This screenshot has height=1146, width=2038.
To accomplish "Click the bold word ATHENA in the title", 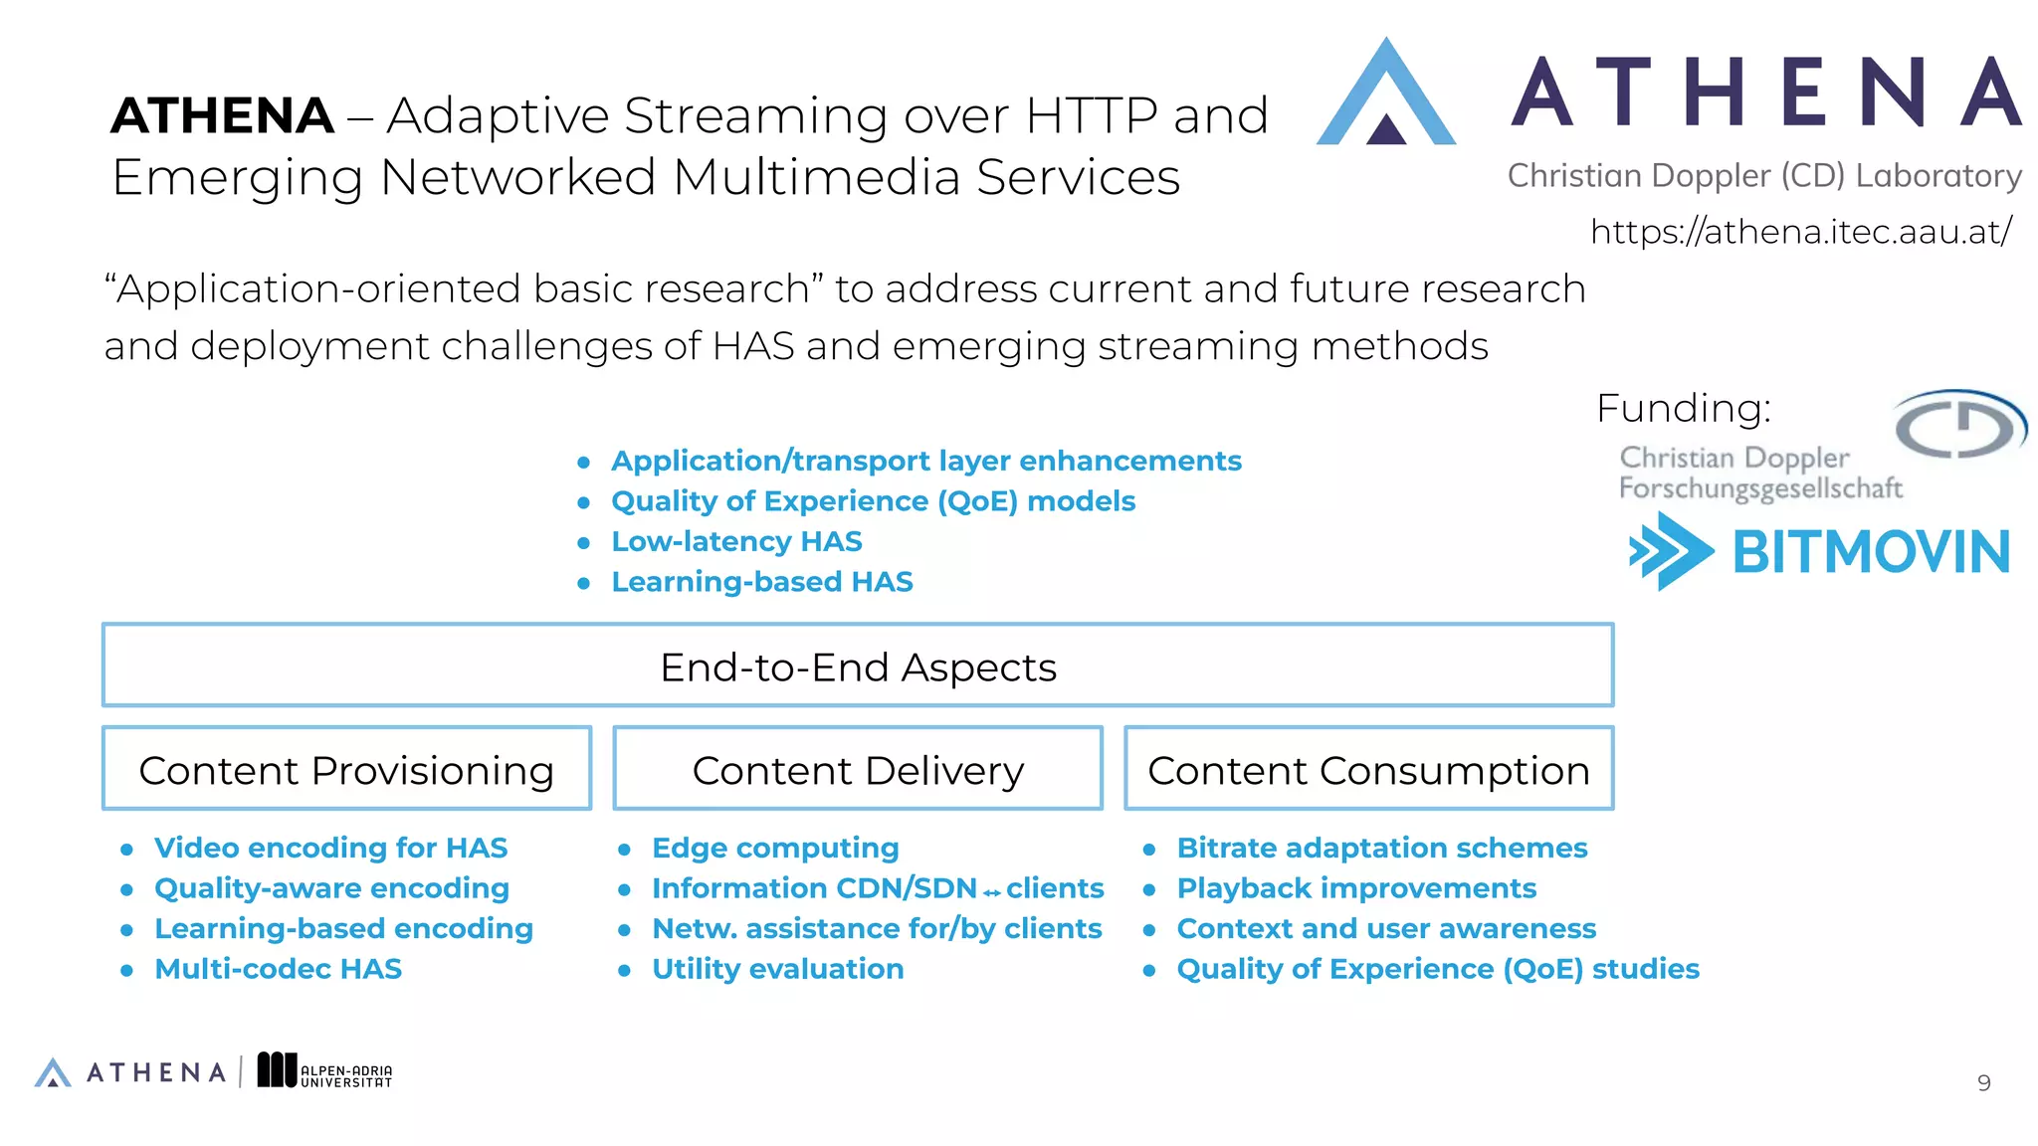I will point(222,116).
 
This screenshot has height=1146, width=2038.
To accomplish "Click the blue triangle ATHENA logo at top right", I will point(1385,95).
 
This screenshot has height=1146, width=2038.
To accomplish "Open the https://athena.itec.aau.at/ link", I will point(1800,232).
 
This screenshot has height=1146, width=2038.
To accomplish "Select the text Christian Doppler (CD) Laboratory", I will point(1763,176).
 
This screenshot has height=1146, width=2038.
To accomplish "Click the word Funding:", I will point(1684,409).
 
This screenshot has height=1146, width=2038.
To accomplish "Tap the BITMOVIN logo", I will point(1820,552).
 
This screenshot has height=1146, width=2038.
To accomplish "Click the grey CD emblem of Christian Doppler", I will point(1958,425).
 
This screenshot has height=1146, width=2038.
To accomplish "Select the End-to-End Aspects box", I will point(858,667).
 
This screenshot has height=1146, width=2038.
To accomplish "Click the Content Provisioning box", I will point(346,769).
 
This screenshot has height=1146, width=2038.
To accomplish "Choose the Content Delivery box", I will point(858,769).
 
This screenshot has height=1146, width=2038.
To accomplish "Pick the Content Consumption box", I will point(1368,769).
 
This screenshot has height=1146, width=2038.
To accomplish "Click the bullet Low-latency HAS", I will point(736,542).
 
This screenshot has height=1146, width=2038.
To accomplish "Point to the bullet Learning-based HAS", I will point(761,582).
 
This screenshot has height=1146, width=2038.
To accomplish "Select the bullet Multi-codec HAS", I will point(278,969).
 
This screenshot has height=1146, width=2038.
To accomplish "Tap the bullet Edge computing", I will point(775,848).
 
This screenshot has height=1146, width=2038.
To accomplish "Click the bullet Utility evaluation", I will point(777,969).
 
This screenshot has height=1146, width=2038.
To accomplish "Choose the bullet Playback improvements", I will point(1356,888).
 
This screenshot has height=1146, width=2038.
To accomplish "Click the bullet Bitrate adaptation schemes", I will point(1381,848).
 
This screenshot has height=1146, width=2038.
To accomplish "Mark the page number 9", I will point(1983,1083).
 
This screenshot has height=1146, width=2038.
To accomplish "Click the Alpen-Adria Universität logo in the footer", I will point(324,1071).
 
